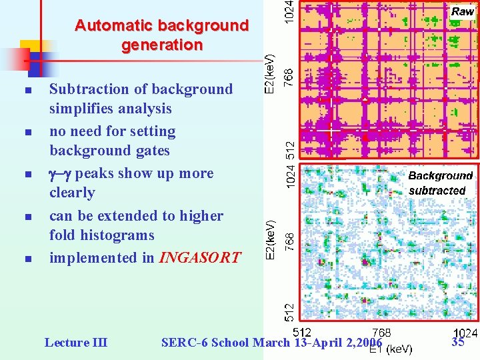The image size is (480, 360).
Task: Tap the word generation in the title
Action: (162, 45)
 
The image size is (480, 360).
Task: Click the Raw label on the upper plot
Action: (463, 11)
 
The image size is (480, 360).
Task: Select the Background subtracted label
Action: (440, 183)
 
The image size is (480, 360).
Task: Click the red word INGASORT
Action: (199, 258)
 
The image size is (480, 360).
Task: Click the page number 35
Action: (458, 342)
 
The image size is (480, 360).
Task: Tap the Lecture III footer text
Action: (75, 343)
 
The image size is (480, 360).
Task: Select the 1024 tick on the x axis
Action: (465, 333)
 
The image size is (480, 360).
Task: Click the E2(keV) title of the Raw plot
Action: (269, 74)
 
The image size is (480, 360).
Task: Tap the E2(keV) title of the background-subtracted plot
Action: (269, 240)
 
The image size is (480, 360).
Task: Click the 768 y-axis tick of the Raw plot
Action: (289, 74)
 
